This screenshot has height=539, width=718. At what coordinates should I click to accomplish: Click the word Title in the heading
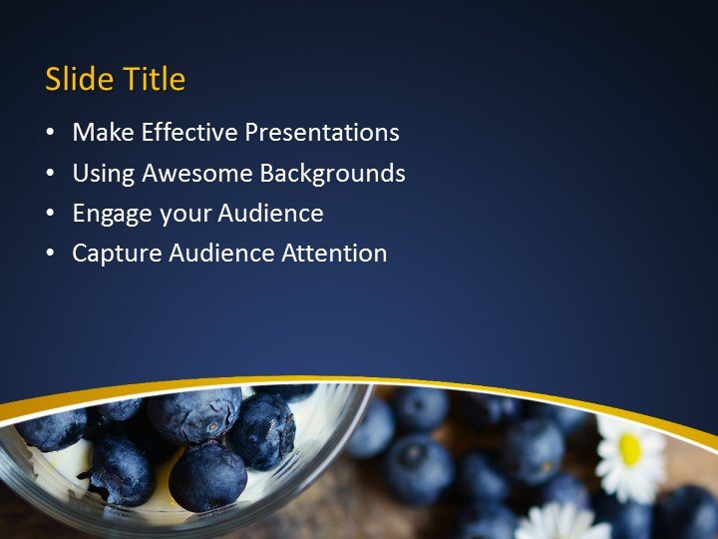point(154,80)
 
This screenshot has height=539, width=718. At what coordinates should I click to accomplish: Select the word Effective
point(189,133)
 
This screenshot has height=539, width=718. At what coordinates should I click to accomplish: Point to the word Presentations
point(322,133)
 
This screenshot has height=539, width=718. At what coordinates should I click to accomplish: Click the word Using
point(104,174)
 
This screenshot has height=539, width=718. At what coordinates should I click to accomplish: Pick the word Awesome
point(197,174)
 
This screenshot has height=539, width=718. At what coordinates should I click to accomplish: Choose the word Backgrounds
point(332,174)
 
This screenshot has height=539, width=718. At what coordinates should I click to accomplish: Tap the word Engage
point(112,215)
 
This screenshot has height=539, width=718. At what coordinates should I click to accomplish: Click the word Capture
point(116,255)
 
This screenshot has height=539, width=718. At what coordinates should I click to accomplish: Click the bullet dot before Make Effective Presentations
point(51,134)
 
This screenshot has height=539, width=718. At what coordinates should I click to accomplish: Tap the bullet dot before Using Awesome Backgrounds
point(51,175)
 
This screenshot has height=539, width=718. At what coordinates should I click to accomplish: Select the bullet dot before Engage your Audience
point(51,215)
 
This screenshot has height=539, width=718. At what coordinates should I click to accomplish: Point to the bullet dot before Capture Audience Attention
point(51,255)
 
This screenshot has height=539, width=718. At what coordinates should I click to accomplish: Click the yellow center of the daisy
point(630,449)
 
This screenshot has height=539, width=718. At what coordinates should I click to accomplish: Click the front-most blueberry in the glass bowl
point(206,476)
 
